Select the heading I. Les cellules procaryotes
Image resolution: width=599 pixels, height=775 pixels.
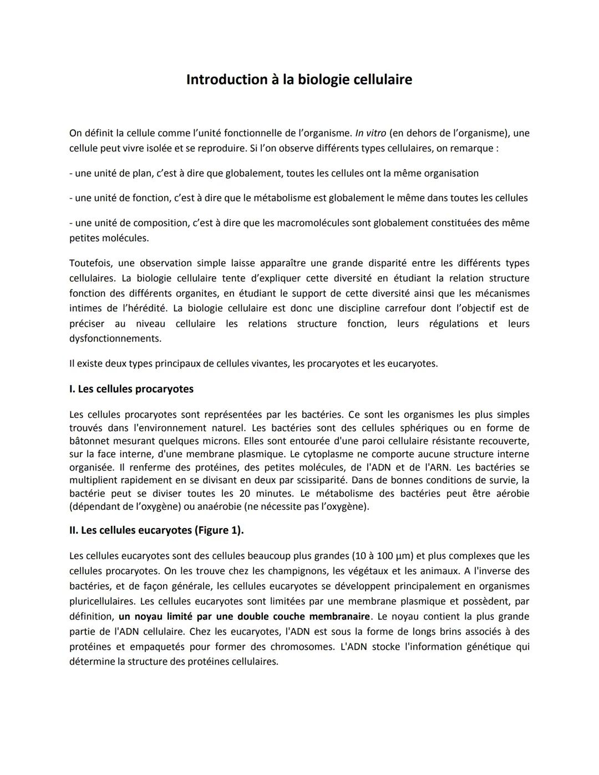coord(131,389)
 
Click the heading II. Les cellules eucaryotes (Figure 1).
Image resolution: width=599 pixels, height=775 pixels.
coord(156,530)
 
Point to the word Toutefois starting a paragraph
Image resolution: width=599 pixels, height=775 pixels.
coord(91,263)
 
